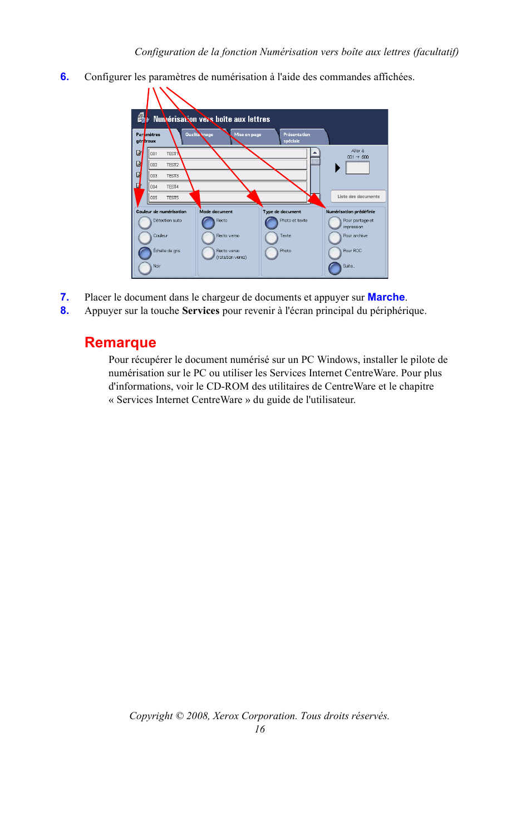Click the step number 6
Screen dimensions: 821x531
65,77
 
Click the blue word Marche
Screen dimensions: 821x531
386,297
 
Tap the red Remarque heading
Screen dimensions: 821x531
120,342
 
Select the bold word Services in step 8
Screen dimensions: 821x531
200,311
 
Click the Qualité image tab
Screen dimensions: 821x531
203,136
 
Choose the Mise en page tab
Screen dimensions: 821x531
252,136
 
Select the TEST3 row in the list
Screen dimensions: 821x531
227,176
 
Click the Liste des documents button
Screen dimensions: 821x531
358,196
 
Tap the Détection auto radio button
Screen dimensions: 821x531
145,223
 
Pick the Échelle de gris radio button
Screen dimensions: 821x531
145,253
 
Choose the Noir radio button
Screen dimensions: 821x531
145,268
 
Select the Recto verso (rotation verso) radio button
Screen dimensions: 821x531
208,253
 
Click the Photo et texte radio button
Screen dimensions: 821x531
272,223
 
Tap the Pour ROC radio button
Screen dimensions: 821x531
335,253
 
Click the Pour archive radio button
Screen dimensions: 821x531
335,238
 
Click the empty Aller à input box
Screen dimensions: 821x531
357,168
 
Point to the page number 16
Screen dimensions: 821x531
259,729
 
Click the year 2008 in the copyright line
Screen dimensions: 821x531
197,716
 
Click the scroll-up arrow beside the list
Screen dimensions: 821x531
315,153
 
